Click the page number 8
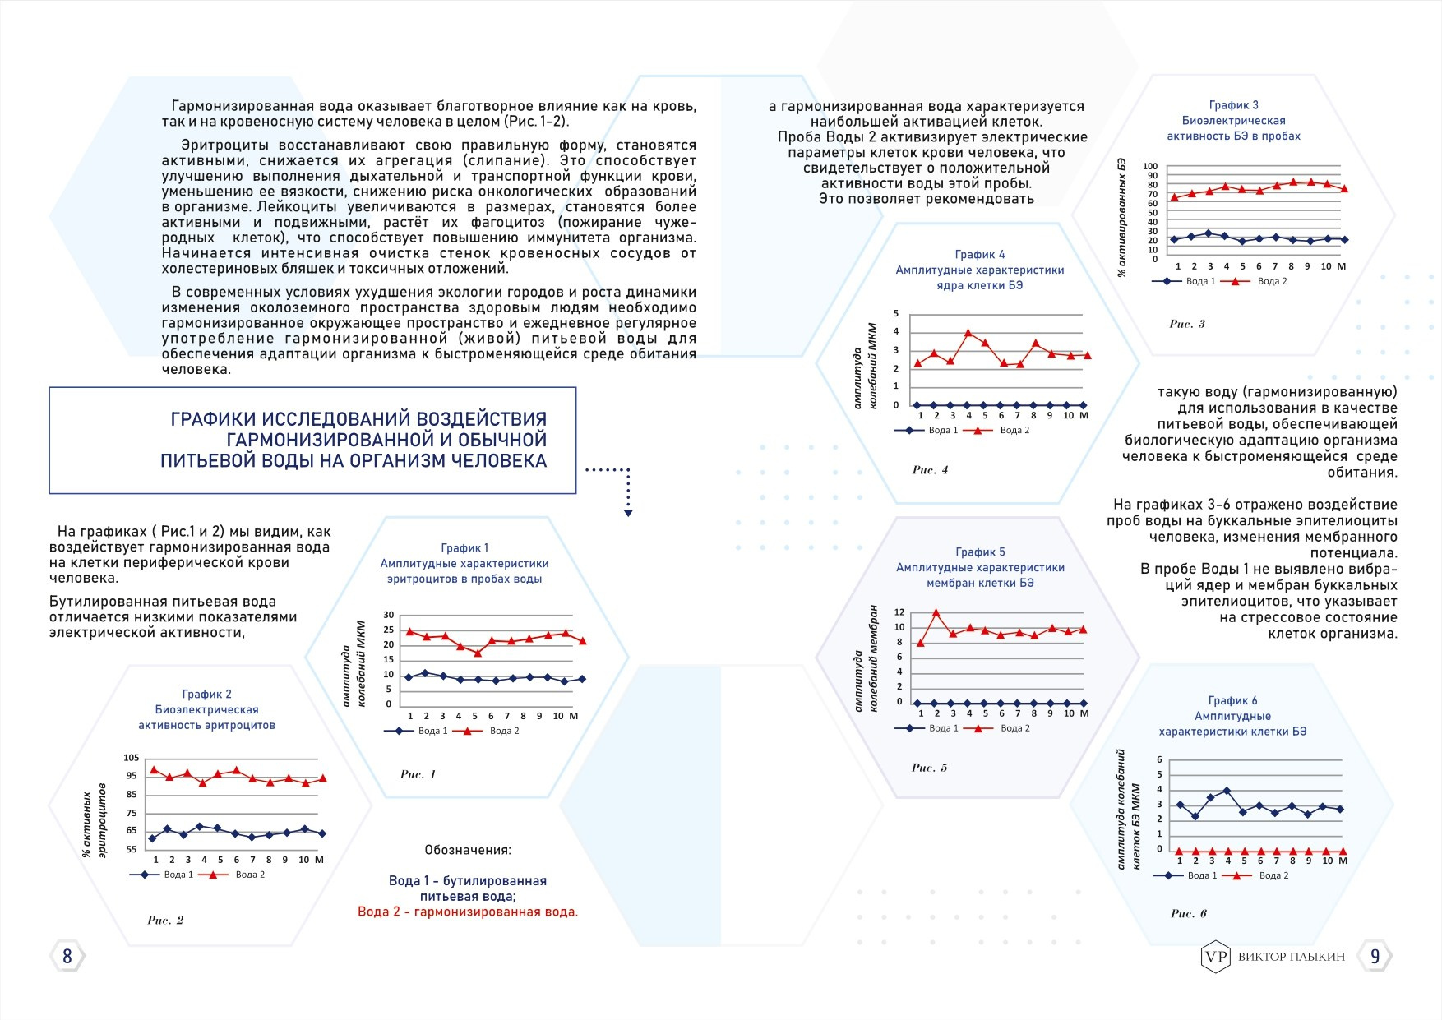point(67,956)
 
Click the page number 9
point(1375,957)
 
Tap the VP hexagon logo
point(1215,957)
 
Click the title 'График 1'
point(464,548)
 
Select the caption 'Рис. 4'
point(930,470)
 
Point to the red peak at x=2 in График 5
point(936,613)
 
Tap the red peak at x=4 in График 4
point(968,333)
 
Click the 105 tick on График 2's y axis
point(132,758)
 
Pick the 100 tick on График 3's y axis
point(1150,167)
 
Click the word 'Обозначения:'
point(467,850)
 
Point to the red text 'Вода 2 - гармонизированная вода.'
point(468,912)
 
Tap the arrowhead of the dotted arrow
point(628,513)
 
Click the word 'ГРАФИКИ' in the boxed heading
point(210,419)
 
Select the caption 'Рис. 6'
point(1188,913)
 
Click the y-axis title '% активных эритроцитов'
point(94,820)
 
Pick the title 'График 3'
point(1233,105)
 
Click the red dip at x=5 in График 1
point(477,653)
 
